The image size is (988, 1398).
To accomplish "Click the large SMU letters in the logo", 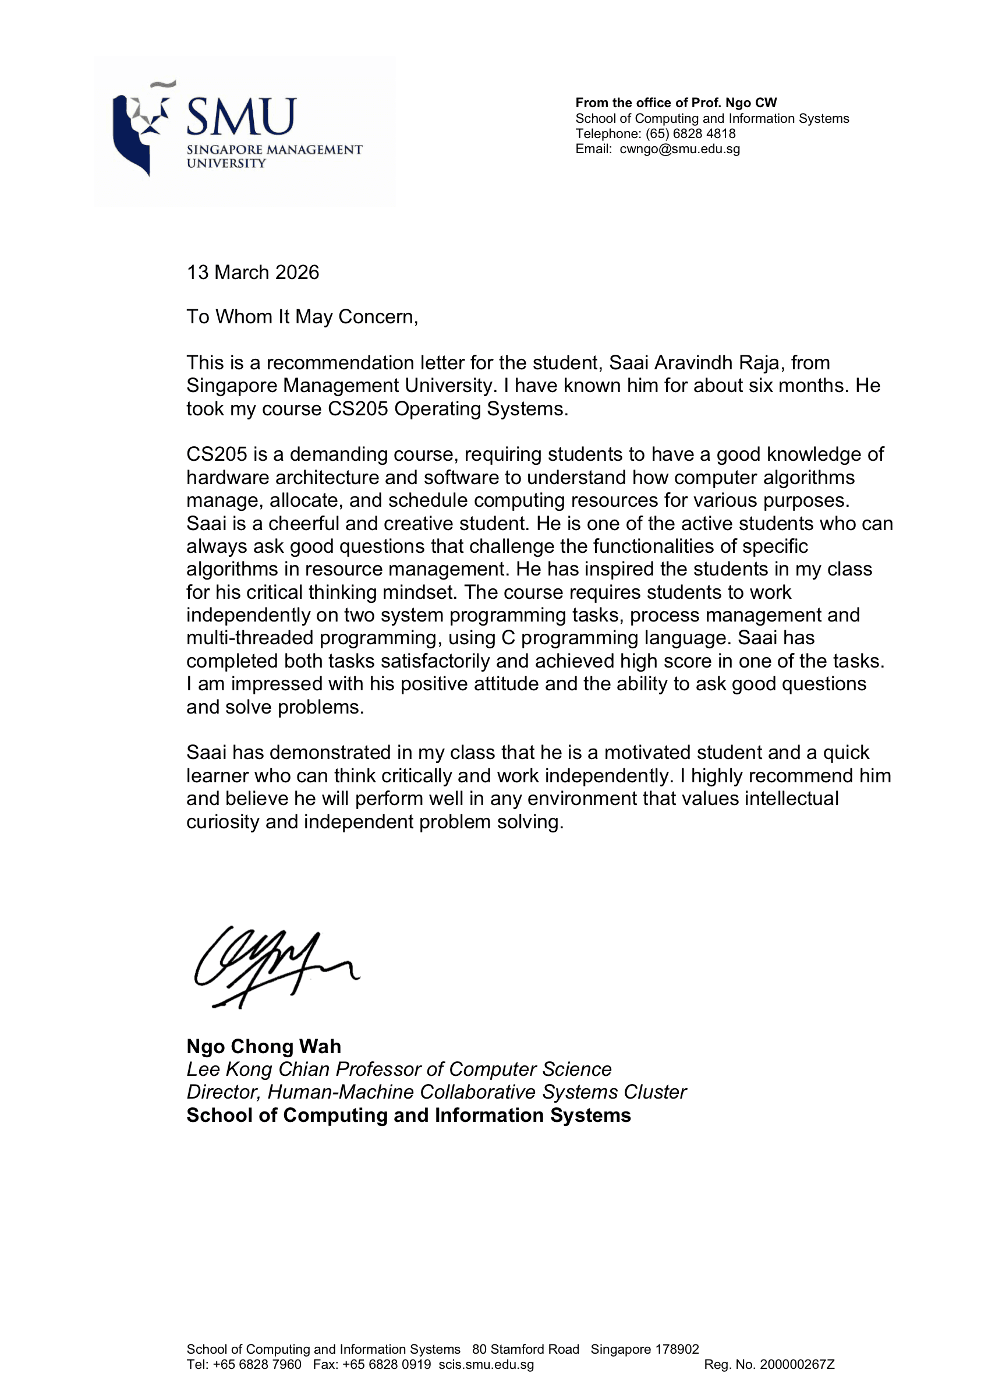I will pos(241,117).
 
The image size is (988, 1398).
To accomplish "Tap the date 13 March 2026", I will pos(253,272).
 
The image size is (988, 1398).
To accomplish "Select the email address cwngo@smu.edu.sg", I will pos(679,149).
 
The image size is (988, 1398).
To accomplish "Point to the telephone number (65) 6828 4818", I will pos(690,134).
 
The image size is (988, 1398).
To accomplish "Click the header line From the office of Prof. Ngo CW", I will pos(676,103).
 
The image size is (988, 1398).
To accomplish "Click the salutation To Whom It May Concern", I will pos(302,317).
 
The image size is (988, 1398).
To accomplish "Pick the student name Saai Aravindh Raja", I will pos(696,363).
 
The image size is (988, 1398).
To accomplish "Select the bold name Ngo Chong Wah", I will pos(264,1046).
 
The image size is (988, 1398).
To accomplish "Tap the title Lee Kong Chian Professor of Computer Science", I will pos(399,1069).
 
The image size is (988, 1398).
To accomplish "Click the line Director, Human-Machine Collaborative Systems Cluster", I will pos(437,1092).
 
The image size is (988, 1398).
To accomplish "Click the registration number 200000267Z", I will pos(797,1365).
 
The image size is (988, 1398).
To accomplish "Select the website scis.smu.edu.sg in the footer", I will pos(486,1365).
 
